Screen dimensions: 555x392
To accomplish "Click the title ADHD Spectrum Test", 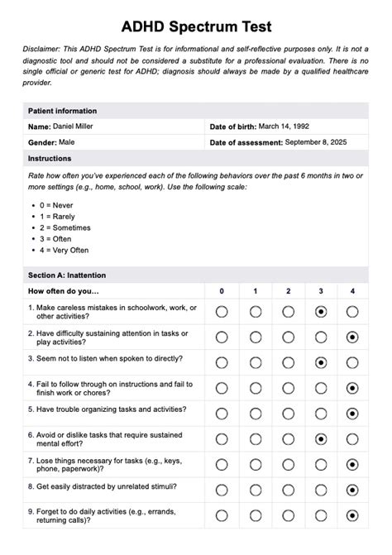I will point(196,27).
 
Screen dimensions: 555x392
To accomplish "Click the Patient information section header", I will point(62,111).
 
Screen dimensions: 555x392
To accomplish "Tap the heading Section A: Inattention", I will point(67,275).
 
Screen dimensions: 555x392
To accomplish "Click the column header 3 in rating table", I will point(320,291).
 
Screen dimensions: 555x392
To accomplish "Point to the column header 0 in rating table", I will point(222,291).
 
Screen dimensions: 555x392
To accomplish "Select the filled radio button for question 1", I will point(320,312).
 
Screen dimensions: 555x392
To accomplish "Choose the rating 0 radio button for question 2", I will point(222,337).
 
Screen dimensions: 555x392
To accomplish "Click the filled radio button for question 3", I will point(320,362).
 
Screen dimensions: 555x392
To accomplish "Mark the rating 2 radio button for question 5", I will point(288,414).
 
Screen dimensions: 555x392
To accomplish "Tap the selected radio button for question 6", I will point(320,439).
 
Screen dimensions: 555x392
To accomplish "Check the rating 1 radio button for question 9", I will point(256,516).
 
